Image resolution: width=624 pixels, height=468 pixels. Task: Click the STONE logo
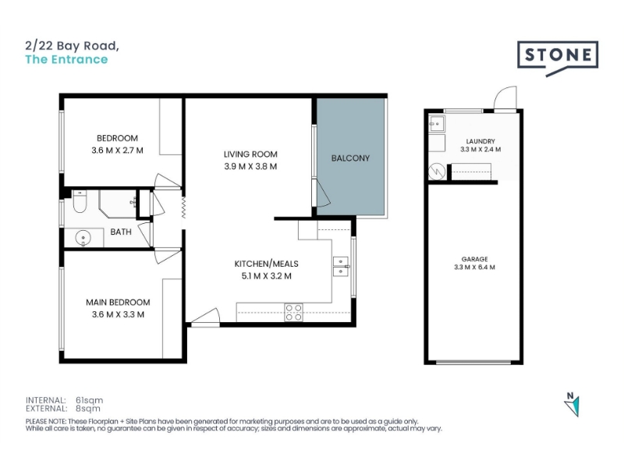point(558,57)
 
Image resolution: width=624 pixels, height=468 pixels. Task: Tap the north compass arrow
point(573,406)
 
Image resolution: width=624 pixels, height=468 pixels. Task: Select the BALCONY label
point(350,158)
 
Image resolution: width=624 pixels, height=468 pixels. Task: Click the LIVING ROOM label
point(250,154)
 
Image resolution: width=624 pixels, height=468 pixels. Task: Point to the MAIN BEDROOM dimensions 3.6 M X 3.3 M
point(118,314)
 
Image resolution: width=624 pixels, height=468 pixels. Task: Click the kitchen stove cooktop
point(293,313)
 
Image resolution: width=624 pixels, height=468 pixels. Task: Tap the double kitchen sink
point(341,266)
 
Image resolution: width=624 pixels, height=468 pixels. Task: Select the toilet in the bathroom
point(80,201)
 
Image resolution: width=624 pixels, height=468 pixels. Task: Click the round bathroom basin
point(83,239)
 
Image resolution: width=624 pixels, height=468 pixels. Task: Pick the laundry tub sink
point(437,123)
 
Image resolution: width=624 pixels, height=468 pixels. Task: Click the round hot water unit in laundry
point(437,172)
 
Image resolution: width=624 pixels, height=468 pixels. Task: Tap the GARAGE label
point(475,259)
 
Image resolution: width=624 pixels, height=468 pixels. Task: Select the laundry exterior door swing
point(505,98)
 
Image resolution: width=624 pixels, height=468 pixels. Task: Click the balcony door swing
point(321,193)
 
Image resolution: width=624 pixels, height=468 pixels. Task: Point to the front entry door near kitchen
point(205,317)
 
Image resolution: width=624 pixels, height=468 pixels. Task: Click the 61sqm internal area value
point(89,400)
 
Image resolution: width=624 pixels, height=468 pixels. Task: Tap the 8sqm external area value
point(88,408)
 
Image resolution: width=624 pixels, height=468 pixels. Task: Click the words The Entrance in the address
point(66,59)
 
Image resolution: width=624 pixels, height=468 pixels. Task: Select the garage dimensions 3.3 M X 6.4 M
point(474,268)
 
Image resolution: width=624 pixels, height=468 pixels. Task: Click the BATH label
point(121,232)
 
